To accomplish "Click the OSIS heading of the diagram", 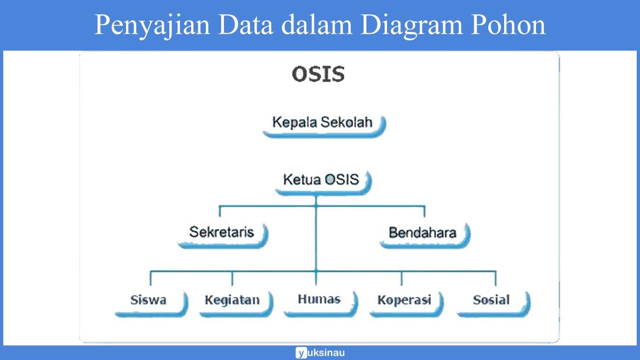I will pyautogui.click(x=318, y=74).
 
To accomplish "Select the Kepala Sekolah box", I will pyautogui.click(x=323, y=123).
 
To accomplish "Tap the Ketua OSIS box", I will pyautogui.click(x=322, y=180).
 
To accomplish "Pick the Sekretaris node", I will pyautogui.click(x=222, y=232).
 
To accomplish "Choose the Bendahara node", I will pyautogui.click(x=423, y=233).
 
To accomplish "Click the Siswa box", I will pyautogui.click(x=149, y=300).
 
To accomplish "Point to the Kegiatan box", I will pyautogui.click(x=233, y=300).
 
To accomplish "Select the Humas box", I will pyautogui.click(x=320, y=300).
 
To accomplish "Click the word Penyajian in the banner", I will pyautogui.click(x=151, y=25).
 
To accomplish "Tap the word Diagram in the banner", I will pyautogui.click(x=411, y=25).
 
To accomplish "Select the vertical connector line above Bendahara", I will pyautogui.click(x=424, y=211).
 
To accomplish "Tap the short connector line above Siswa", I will pyautogui.click(x=150, y=278).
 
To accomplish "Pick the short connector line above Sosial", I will pyautogui.click(x=496, y=278).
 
